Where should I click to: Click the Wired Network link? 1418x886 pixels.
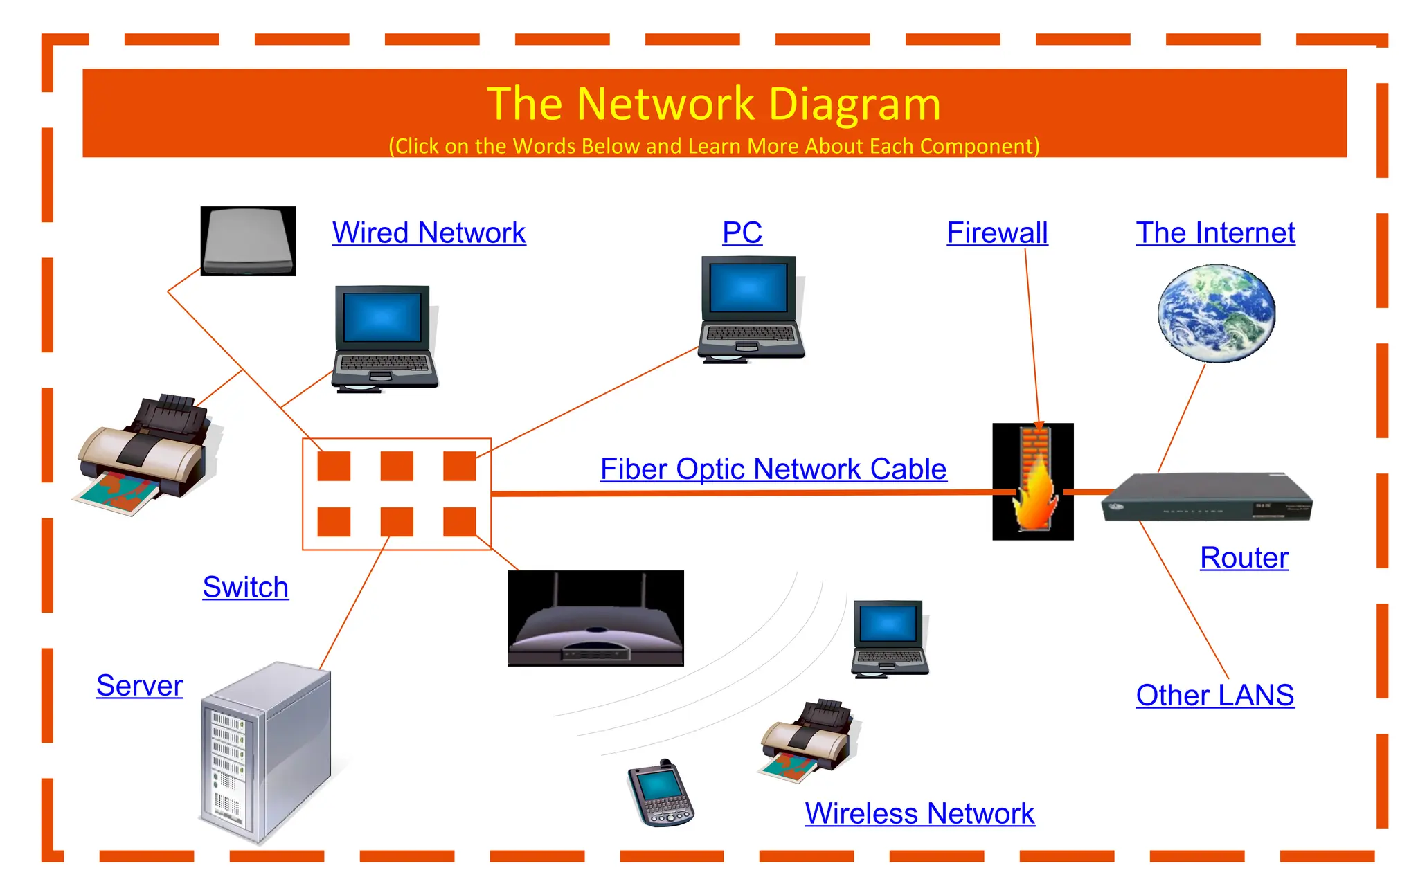(429, 233)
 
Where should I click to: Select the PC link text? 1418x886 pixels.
(742, 233)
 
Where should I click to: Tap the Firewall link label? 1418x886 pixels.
(997, 233)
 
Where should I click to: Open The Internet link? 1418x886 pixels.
(1215, 233)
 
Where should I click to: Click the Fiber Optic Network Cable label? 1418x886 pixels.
(773, 469)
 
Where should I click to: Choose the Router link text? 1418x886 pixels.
(1244, 558)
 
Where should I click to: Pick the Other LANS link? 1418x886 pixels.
(1214, 695)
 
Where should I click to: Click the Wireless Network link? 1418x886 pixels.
(919, 813)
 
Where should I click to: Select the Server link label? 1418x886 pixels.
(139, 686)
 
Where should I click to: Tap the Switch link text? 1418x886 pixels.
(245, 588)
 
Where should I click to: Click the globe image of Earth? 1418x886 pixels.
(1217, 313)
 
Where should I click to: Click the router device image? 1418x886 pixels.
(1206, 497)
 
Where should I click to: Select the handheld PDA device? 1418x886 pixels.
(660, 793)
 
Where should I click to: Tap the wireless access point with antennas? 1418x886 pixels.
(595, 619)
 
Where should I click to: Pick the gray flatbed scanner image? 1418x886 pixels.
(248, 241)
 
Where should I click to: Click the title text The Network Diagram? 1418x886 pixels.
(714, 104)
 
